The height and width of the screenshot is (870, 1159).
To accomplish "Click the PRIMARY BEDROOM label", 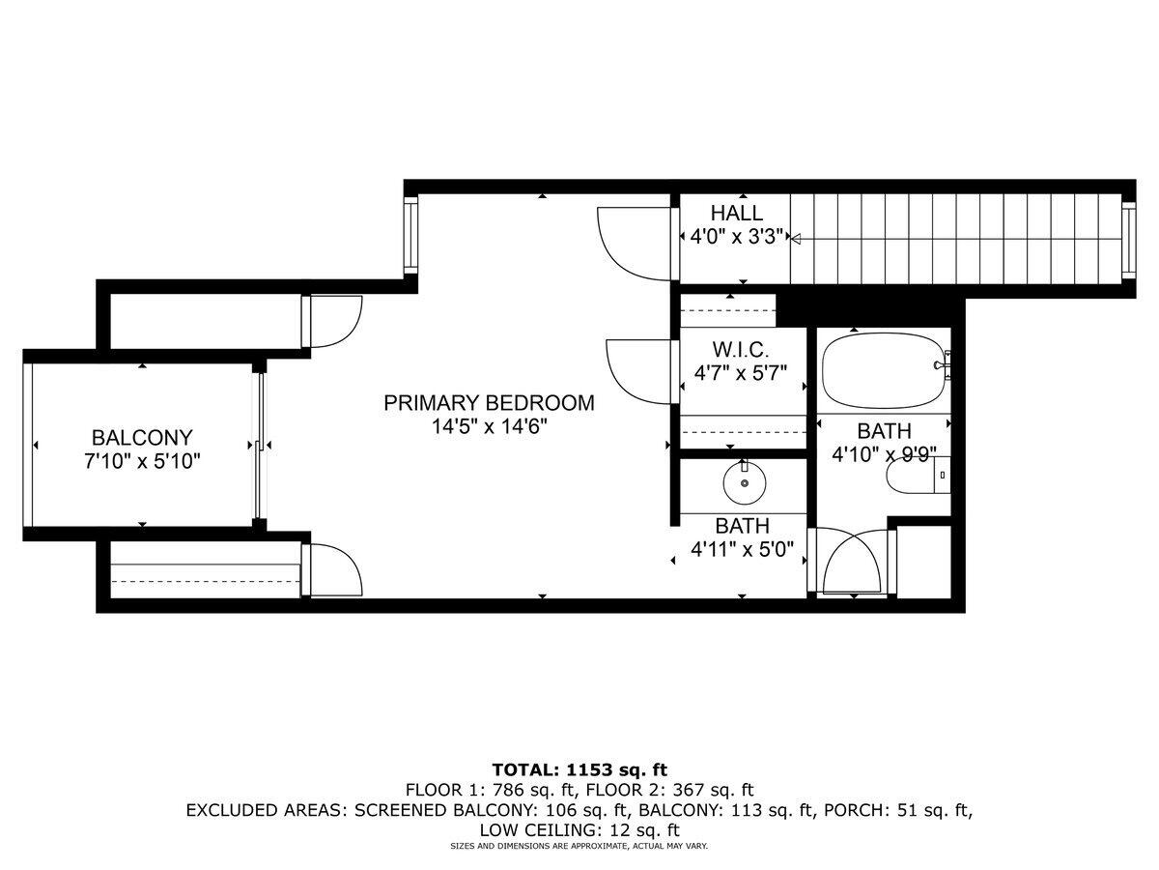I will (489, 403).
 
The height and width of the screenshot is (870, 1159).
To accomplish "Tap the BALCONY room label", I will (142, 437).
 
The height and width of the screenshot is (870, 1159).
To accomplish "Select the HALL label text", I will (736, 214).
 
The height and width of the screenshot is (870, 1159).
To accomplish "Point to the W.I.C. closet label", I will (741, 347).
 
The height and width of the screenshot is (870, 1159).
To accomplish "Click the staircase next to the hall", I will (956, 238).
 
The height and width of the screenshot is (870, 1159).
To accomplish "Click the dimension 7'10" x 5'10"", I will (142, 461).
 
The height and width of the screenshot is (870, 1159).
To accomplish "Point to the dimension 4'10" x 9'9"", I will (884, 455).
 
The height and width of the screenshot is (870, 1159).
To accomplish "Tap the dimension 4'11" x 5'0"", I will (742, 550).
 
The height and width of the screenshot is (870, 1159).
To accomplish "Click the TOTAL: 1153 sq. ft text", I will (579, 770).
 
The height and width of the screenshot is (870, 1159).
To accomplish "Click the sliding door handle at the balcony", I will (261, 445).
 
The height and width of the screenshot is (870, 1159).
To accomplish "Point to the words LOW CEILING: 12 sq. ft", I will (579, 829).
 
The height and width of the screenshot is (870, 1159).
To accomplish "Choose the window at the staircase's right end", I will (1128, 238).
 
